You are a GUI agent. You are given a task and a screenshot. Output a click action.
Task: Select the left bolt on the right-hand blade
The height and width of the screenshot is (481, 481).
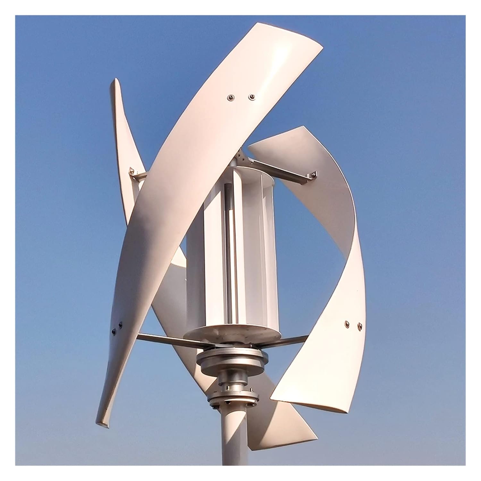click(x=346, y=323)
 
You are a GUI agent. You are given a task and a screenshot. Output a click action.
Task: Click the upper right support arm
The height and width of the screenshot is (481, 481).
click(x=282, y=170)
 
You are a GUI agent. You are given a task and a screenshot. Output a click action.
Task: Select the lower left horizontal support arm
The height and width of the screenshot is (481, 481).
click(x=160, y=339)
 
